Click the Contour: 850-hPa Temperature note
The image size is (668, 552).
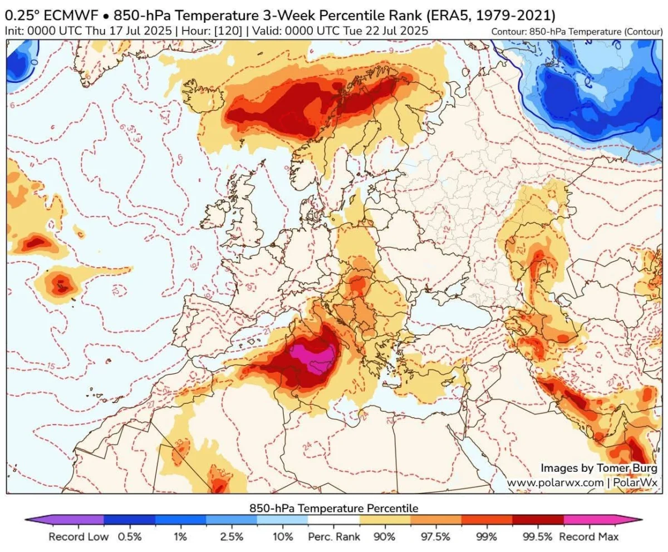(x=577, y=32)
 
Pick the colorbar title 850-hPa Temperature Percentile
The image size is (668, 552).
(x=333, y=508)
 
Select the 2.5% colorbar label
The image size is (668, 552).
(x=232, y=537)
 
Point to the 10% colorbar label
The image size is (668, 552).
(x=283, y=537)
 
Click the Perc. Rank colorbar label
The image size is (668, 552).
(x=333, y=537)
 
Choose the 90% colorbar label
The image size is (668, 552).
(x=385, y=537)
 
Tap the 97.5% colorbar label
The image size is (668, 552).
(x=436, y=537)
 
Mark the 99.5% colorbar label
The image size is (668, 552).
(x=538, y=537)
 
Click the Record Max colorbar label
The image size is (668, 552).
(x=588, y=537)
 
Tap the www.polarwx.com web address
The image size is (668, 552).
(x=555, y=482)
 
